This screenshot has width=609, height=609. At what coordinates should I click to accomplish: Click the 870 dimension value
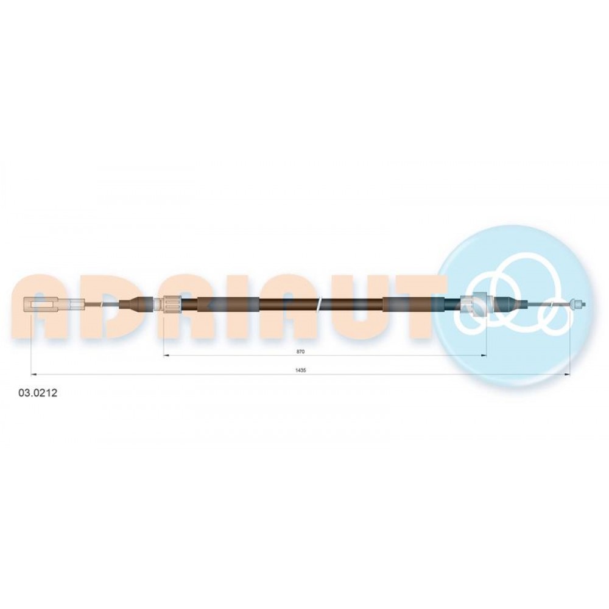click(x=301, y=351)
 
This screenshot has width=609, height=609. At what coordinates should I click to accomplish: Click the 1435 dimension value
click(x=301, y=370)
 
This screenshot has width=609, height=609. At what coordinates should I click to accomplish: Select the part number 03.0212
click(x=38, y=393)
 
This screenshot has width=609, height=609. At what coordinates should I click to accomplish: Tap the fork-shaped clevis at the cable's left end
click(x=41, y=304)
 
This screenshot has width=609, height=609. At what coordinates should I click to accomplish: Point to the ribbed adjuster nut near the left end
click(x=172, y=304)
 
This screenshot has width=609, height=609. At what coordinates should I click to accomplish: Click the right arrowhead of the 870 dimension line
click(x=484, y=356)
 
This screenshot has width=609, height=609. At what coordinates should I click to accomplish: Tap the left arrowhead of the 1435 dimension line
click(x=33, y=375)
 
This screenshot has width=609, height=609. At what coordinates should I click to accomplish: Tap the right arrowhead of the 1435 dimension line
click(x=567, y=375)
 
